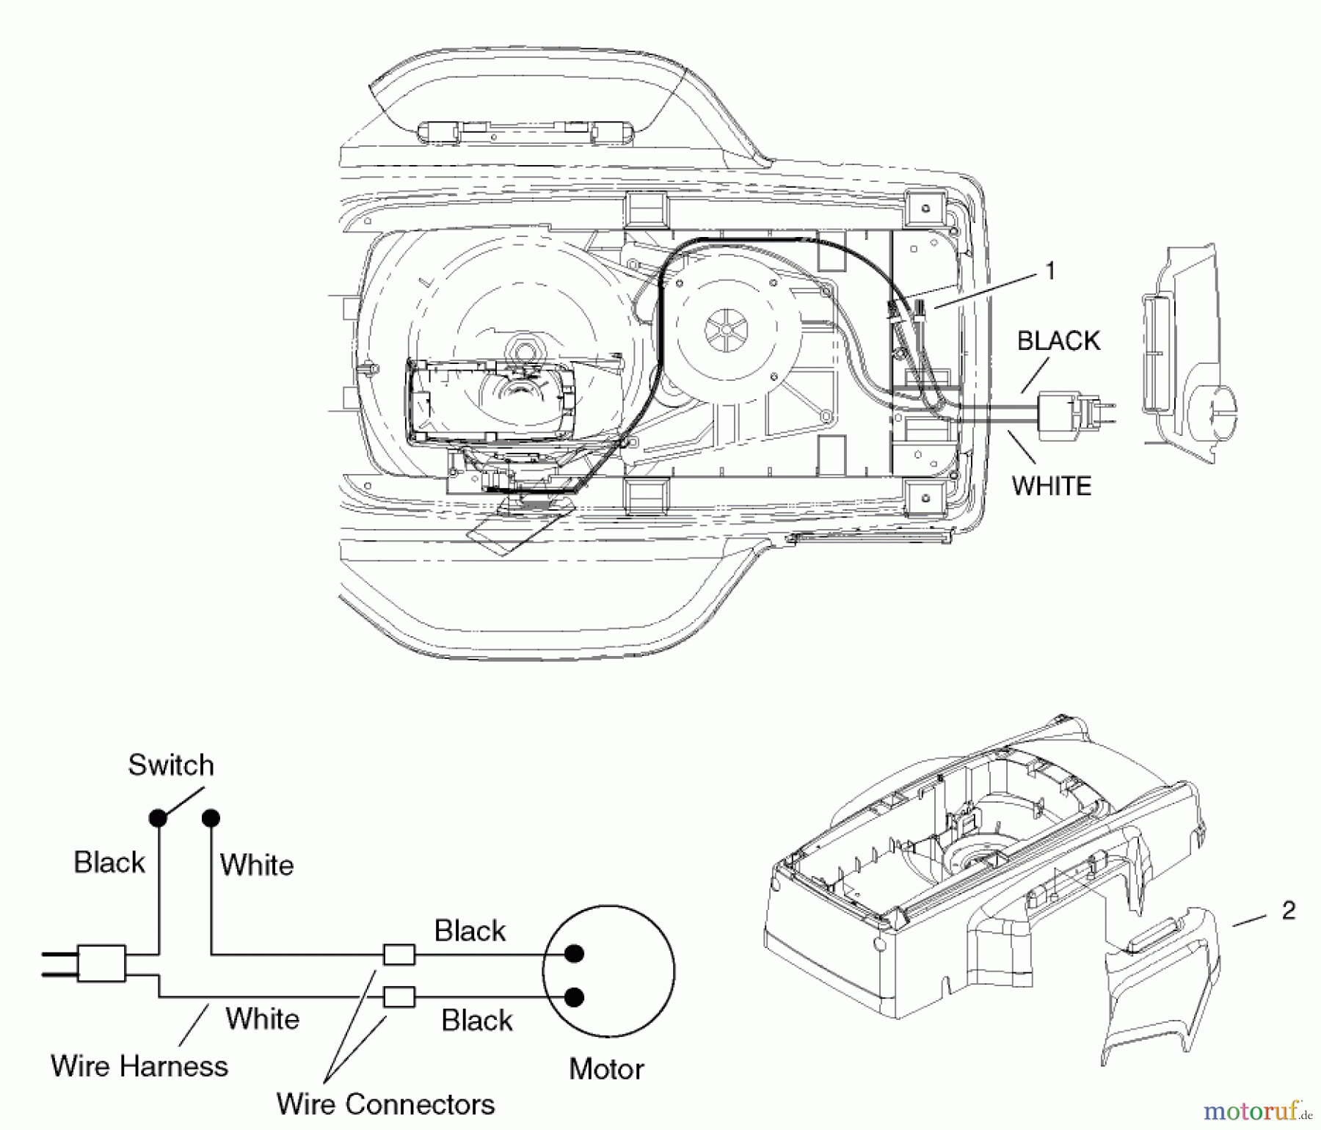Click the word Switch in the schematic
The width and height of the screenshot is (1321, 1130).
pyautogui.click(x=171, y=765)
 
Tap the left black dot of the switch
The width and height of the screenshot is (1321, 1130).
pyautogui.click(x=158, y=817)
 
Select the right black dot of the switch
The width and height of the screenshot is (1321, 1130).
pyautogui.click(x=211, y=817)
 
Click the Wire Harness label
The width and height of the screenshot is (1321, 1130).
pyautogui.click(x=139, y=1065)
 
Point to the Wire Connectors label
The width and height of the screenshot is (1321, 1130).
pyautogui.click(x=385, y=1104)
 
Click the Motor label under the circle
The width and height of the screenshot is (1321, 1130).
pyautogui.click(x=606, y=1069)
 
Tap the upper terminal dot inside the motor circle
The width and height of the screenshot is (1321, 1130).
pyautogui.click(x=575, y=954)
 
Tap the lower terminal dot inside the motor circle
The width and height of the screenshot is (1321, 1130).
pyautogui.click(x=575, y=996)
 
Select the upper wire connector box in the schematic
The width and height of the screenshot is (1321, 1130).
pyautogui.click(x=399, y=955)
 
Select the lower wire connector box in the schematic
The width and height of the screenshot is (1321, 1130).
pyautogui.click(x=399, y=996)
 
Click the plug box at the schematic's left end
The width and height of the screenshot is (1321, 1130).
pyautogui.click(x=101, y=963)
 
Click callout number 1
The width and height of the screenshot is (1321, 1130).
pyautogui.click(x=1050, y=271)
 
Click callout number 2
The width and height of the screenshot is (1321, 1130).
pyautogui.click(x=1288, y=911)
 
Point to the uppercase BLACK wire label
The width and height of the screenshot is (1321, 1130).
pyautogui.click(x=1058, y=340)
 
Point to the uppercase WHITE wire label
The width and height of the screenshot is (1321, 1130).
pyautogui.click(x=1052, y=486)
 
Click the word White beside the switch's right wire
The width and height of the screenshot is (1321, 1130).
pyautogui.click(x=257, y=864)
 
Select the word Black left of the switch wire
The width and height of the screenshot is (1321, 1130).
pyautogui.click(x=109, y=862)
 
